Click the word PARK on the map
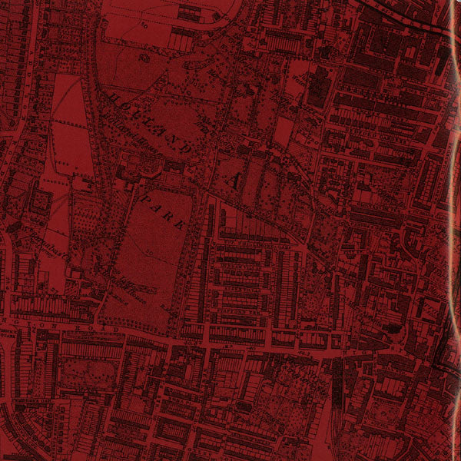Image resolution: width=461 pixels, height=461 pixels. (x=163, y=210)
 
